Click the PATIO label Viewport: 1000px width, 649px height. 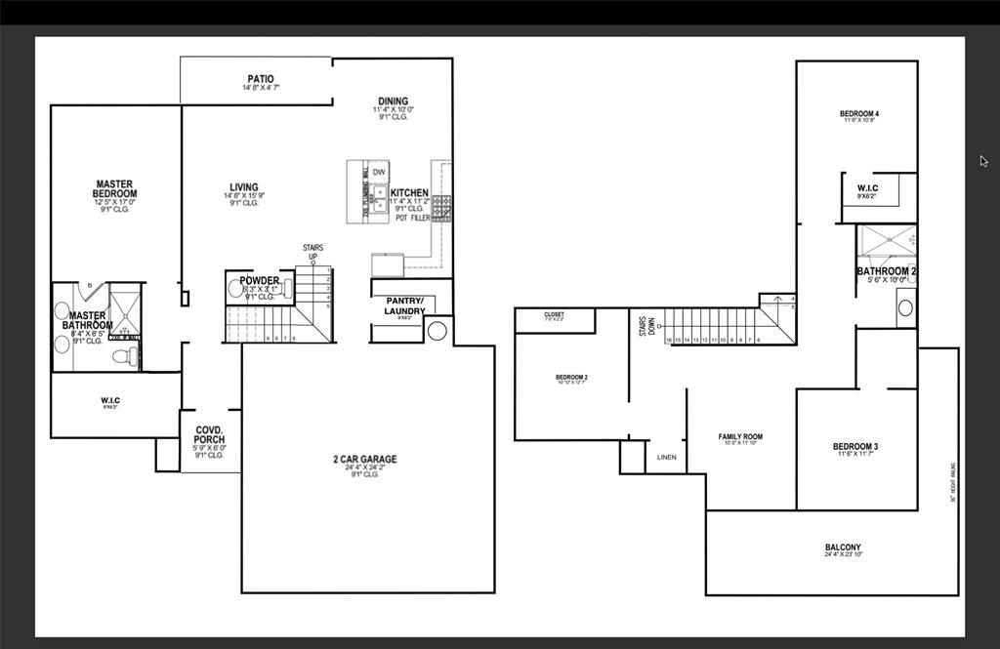260,79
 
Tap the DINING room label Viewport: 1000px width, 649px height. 393,101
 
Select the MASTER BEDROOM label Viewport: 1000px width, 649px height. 115,189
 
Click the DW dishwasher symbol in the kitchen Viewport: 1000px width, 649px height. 378,172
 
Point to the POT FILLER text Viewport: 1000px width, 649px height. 412,218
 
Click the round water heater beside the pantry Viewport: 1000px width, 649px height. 437,331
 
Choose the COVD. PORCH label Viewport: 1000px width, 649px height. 210,435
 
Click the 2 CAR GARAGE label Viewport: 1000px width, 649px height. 364,460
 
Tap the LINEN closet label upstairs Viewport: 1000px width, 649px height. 666,457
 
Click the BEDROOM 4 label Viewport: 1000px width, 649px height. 858,114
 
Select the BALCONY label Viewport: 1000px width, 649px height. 843,548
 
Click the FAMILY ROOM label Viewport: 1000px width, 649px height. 740,437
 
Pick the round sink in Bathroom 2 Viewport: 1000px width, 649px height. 905,307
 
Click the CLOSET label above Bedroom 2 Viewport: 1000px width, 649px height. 554,315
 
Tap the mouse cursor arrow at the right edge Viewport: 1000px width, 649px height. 983,161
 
